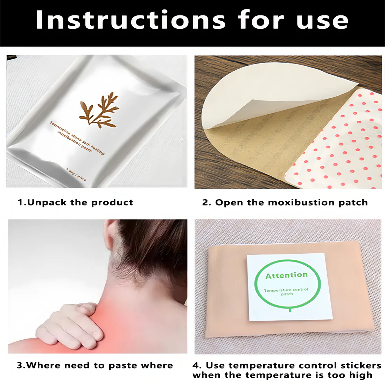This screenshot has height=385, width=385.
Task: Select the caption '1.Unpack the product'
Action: (x=75, y=202)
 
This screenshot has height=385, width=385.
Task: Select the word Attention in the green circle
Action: (x=286, y=275)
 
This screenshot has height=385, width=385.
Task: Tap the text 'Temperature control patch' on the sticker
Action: (x=286, y=292)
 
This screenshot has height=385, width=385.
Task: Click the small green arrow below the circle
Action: (x=290, y=310)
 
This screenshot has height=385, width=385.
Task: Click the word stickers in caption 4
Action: (x=360, y=366)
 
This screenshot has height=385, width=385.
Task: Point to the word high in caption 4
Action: (x=360, y=376)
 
